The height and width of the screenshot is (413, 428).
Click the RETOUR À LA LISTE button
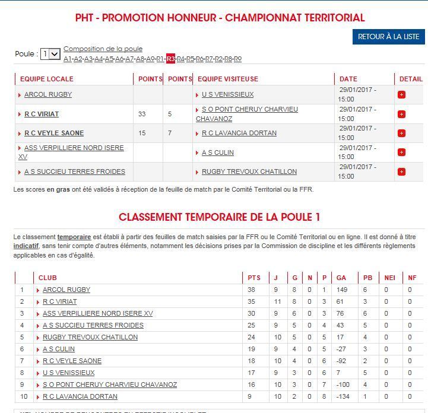pos(388,37)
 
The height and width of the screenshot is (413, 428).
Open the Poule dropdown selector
pos(50,54)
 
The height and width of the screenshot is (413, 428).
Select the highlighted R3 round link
pos(170,59)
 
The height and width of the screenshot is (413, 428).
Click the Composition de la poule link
pos(103,49)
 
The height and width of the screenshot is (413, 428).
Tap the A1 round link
pos(68,59)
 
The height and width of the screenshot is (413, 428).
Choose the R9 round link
pos(237,59)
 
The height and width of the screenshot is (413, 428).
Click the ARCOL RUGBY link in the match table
pos(48,94)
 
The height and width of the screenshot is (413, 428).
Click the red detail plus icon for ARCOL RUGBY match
pos(401,94)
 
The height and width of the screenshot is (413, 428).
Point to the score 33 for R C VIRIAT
pos(142,114)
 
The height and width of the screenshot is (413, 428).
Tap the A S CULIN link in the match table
pos(218,153)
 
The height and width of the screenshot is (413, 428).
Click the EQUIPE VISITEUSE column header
pos(228,79)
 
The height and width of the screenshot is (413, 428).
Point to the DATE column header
pos(348,79)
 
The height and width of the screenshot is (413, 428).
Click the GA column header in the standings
pos(341,278)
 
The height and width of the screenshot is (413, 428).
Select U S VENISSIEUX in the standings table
pos(68,373)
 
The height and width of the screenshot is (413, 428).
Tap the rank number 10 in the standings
pos(22,396)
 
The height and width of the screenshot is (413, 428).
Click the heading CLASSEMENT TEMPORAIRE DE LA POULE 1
pos(219,217)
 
